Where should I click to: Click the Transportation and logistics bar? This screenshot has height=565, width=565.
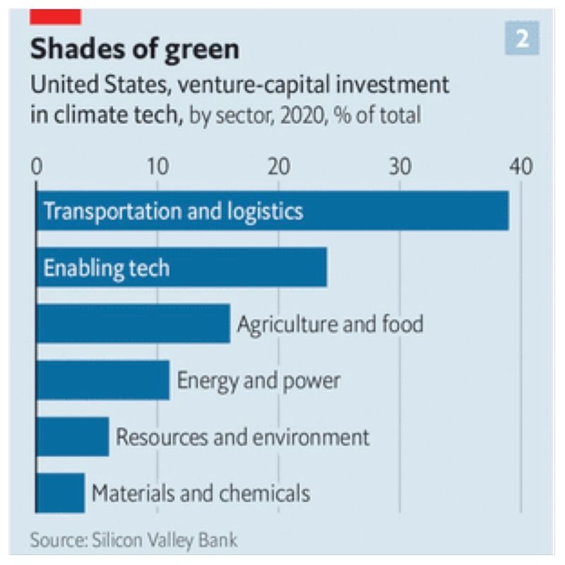click(x=272, y=210)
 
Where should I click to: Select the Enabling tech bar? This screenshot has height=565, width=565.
click(x=182, y=267)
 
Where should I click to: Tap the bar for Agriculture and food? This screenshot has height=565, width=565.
click(x=133, y=323)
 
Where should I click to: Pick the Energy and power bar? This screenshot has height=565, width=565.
click(x=102, y=380)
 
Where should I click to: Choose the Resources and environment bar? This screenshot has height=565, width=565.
click(x=72, y=436)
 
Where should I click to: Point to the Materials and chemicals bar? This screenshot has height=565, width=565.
click(x=60, y=492)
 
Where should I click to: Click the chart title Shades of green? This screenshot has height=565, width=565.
click(x=134, y=49)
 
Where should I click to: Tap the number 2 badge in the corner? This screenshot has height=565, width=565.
click(x=523, y=39)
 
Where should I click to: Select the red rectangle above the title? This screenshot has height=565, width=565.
click(x=56, y=16)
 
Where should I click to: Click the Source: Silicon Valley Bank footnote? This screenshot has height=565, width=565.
click(x=134, y=540)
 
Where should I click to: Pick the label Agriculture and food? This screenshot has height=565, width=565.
click(x=330, y=324)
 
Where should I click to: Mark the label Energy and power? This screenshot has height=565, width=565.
click(x=258, y=381)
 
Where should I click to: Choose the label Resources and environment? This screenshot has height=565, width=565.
click(x=242, y=436)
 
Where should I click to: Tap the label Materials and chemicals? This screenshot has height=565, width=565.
click(x=201, y=492)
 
